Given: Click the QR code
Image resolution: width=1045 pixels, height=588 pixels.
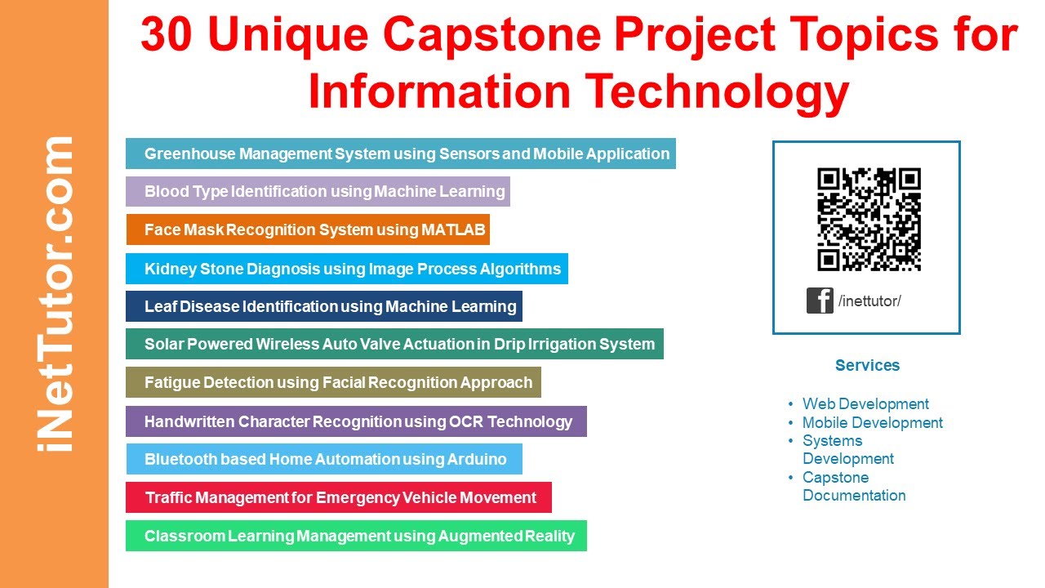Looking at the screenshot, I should [x=869, y=219].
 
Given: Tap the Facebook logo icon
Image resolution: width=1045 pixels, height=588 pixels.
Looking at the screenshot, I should [x=820, y=301].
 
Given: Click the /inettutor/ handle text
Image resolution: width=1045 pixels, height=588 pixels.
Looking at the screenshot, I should [x=869, y=301].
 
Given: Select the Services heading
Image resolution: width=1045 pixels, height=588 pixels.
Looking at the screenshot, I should [x=867, y=365].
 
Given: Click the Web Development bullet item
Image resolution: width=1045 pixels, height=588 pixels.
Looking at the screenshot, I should [x=865, y=403].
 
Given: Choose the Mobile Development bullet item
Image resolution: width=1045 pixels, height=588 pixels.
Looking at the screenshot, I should [x=872, y=422].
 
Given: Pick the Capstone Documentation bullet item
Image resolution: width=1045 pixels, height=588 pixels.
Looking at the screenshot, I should [x=853, y=486].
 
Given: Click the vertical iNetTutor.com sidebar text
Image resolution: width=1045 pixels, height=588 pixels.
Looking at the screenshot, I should [x=56, y=294].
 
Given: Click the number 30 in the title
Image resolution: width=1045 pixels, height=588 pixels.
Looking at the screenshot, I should [x=169, y=36].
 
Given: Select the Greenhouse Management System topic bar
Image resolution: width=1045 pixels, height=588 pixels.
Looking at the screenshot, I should [x=400, y=154].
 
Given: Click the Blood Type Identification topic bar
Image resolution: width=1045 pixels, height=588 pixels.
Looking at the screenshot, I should [x=318, y=192].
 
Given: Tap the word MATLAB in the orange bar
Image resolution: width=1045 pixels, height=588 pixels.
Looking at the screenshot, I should [x=453, y=230].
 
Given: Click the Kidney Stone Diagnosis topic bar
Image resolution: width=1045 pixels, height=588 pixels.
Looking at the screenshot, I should [x=346, y=269].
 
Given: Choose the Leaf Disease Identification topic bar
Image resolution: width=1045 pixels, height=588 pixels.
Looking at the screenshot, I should [x=323, y=306].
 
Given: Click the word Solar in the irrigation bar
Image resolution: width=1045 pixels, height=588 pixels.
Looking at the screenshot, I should [x=164, y=344].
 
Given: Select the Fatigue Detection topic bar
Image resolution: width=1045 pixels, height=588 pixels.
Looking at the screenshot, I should [x=333, y=382].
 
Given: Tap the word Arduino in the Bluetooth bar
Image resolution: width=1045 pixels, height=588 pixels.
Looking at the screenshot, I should [x=477, y=459].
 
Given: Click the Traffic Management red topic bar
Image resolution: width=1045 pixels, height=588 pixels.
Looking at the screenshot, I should [x=338, y=497].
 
